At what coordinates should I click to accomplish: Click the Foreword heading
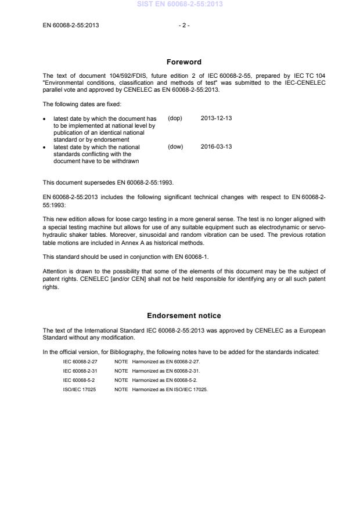pyautogui.click(x=184, y=62)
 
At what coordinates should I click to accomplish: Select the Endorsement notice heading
pyautogui.click(x=184, y=316)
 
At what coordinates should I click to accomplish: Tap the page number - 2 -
pyautogui.click(x=184, y=25)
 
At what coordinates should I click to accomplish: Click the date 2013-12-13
pyautogui.click(x=216, y=118)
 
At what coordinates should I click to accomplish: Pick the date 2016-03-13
pyautogui.click(x=216, y=147)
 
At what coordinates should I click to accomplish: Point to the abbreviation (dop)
pyautogui.click(x=175, y=118)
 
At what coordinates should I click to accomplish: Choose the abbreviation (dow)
pyautogui.click(x=175, y=147)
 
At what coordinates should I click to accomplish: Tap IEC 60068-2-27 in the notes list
pyautogui.click(x=80, y=361)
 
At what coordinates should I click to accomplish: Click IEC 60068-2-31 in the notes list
pyautogui.click(x=80, y=370)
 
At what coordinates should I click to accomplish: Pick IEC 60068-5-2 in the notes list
pyautogui.click(x=78, y=380)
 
